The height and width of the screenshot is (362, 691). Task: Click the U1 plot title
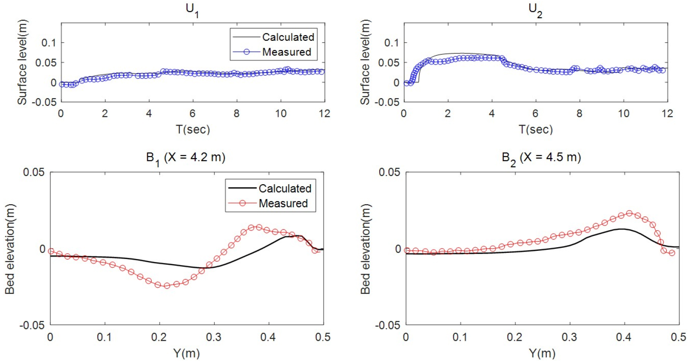pyautogui.click(x=192, y=10)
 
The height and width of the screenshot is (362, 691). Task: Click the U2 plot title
pyautogui.click(x=535, y=10)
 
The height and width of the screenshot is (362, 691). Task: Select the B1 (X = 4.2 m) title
pyautogui.click(x=185, y=158)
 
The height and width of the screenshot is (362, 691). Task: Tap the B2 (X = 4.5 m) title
pyautogui.click(x=541, y=158)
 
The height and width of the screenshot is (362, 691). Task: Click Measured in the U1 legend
pyautogui.click(x=287, y=52)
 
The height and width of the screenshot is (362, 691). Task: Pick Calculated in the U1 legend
pyautogui.click(x=288, y=37)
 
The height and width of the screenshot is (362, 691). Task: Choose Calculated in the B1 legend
pyautogui.click(x=285, y=189)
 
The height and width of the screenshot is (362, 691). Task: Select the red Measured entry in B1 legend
pyautogui.click(x=283, y=203)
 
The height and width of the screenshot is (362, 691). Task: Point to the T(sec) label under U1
pyautogui.click(x=192, y=130)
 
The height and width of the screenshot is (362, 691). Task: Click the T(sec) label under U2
pyautogui.click(x=536, y=130)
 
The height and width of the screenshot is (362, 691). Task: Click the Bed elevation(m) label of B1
pyautogui.click(x=10, y=249)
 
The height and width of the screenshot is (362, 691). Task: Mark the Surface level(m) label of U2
pyautogui.click(x=365, y=62)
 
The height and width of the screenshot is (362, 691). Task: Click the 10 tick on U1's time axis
pyautogui.click(x=281, y=114)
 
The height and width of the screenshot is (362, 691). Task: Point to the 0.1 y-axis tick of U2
pyautogui.click(x=392, y=43)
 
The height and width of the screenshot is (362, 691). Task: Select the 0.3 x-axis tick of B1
pyautogui.click(x=213, y=337)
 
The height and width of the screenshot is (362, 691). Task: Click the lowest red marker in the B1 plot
pyautogui.click(x=167, y=286)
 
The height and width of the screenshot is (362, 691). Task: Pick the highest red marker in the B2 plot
pyautogui.click(x=629, y=213)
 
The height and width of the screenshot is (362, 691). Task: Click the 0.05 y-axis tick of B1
pyautogui.click(x=34, y=172)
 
